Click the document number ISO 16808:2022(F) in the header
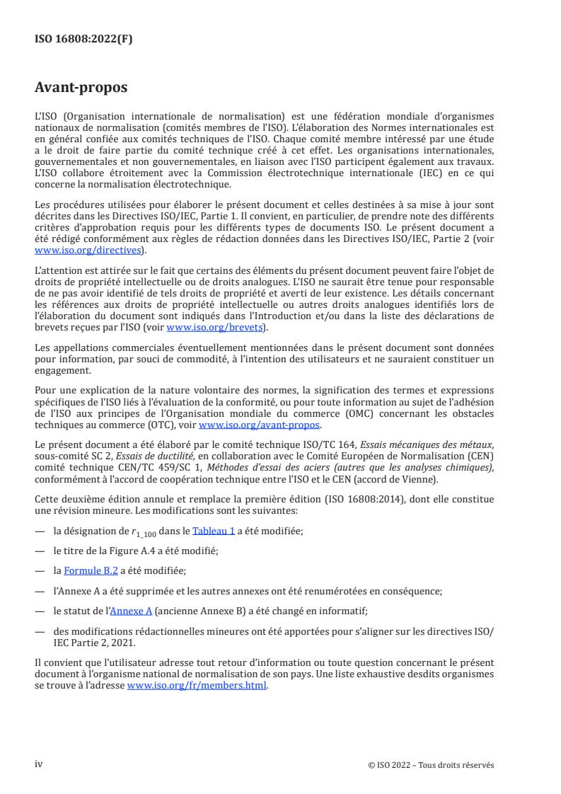point(83,40)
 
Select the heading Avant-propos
point(81,88)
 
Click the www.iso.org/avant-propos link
point(260,425)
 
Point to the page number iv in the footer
point(39,764)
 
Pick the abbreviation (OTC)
point(178,425)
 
